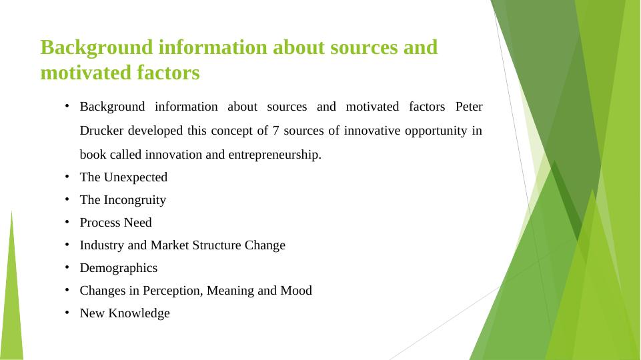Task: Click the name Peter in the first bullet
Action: pos(469,107)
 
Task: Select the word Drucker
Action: pos(101,131)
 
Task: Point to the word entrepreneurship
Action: pos(275,155)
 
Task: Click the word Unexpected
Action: pos(135,177)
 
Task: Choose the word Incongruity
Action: pos(135,200)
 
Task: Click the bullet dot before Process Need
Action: pos(67,222)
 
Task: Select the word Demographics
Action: pos(119,268)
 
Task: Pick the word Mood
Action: pos(296,291)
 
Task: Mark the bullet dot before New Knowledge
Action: pos(67,313)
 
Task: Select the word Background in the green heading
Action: pos(97,47)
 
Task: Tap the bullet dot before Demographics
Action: pos(67,267)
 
